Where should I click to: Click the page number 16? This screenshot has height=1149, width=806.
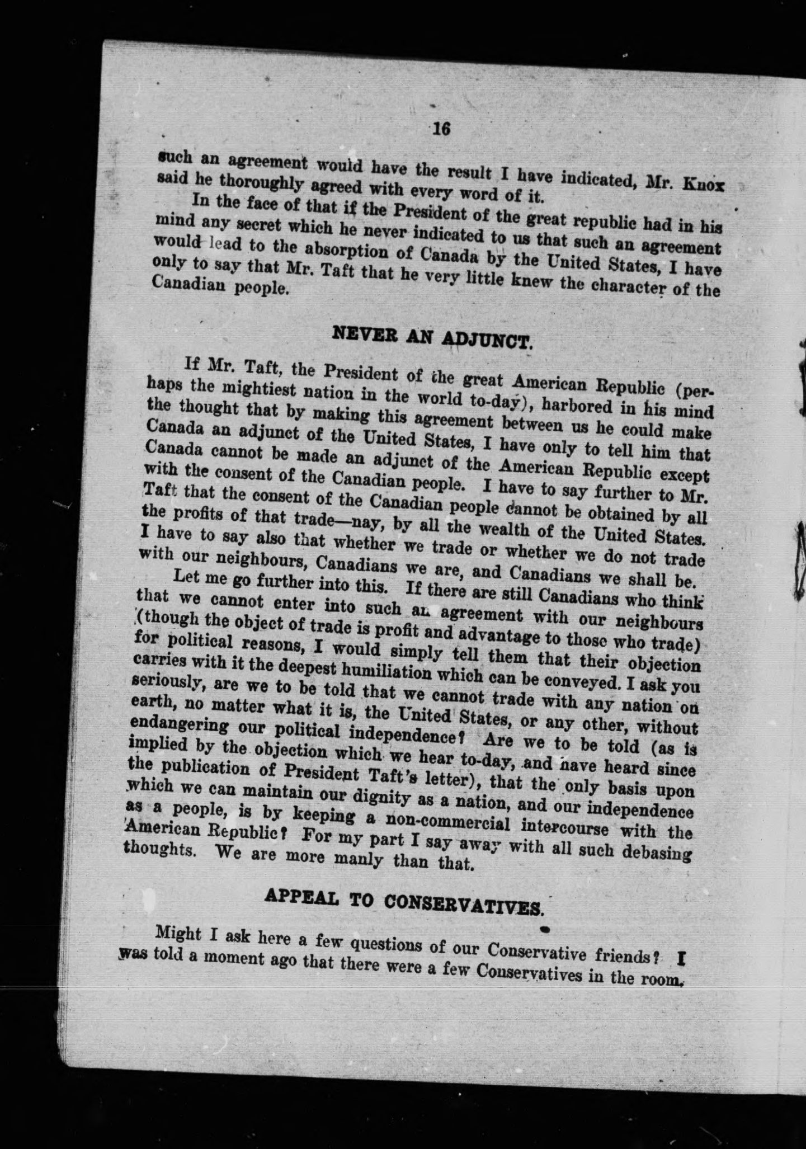pyautogui.click(x=441, y=129)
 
